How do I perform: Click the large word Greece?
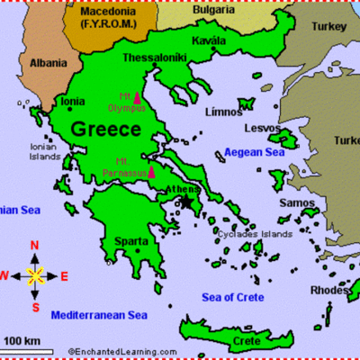(106, 129)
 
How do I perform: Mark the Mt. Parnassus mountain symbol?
(152, 171)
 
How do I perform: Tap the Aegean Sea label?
(256, 154)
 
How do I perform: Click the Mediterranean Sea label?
(99, 315)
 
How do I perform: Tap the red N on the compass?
(35, 246)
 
